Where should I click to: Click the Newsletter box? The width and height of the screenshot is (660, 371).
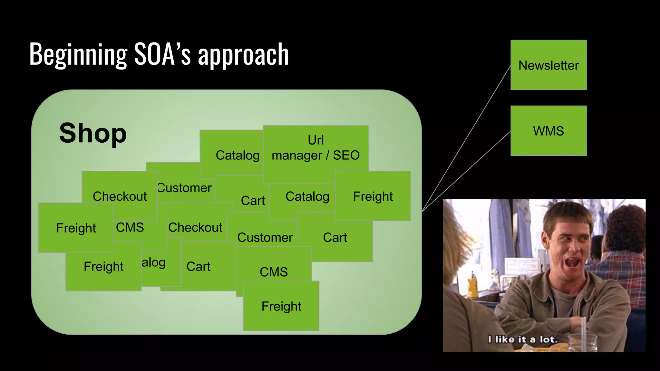[x=548, y=65]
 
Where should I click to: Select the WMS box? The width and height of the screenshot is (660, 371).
[x=548, y=131]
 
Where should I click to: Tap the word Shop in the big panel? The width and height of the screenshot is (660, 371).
[x=93, y=133]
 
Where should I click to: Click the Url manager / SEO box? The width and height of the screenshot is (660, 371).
[x=315, y=148]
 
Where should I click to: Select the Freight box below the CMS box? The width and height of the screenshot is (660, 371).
[x=281, y=306]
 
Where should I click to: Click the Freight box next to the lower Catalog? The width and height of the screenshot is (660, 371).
[x=373, y=196]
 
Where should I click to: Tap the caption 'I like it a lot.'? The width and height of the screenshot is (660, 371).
[x=522, y=339]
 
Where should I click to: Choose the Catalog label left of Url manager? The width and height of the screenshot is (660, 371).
[x=238, y=155]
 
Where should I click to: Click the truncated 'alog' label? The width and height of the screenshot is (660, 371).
[x=154, y=262]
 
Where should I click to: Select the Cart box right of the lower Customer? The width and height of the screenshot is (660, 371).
[x=335, y=238]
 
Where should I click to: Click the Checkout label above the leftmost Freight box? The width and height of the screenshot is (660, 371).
[x=120, y=196]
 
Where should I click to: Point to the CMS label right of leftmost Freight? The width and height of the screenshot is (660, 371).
[x=130, y=227]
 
